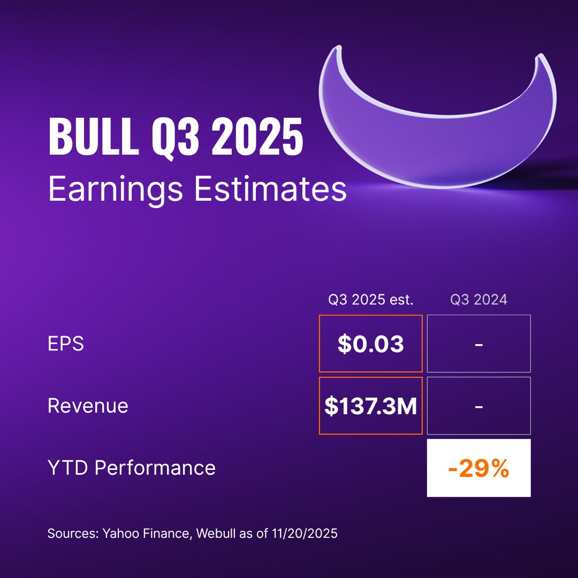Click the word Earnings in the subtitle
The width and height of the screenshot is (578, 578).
[x=116, y=190]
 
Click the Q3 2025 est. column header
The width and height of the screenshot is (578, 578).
[x=371, y=300]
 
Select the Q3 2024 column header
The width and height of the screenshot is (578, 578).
[x=478, y=300]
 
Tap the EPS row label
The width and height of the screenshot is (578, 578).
[x=66, y=344]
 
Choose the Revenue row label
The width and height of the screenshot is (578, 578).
[x=88, y=406]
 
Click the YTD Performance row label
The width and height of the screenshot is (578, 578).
[x=132, y=468]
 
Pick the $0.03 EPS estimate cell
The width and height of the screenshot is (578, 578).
[x=371, y=344]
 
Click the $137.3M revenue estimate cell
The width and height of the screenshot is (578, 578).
[x=371, y=406]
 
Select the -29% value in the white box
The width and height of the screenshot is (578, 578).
[x=478, y=469]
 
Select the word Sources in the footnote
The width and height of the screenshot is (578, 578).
[x=68, y=534]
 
